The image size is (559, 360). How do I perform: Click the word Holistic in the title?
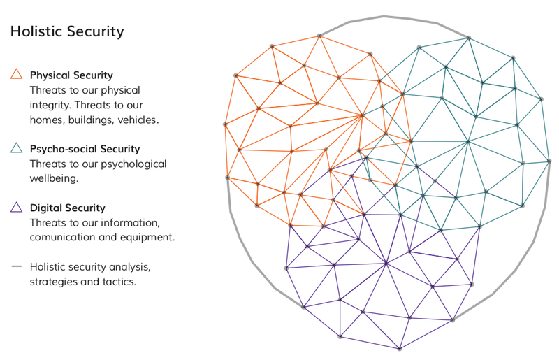pos(36,31)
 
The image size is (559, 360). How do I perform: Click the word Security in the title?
pos(95,31)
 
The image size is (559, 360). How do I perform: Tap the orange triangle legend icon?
pos(16,73)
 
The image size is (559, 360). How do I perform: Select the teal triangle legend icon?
pos(16,147)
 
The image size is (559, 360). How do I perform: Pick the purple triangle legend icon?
pos(16,208)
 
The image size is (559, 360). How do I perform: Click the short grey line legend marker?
pos(16,266)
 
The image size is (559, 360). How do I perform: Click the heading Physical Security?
pos(71,75)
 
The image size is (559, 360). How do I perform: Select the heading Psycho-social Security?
pos(85,149)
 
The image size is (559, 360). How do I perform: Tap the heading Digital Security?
pos(67,208)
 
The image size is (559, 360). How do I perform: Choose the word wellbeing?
pos(54,178)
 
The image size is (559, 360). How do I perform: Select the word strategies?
pos(54,282)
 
